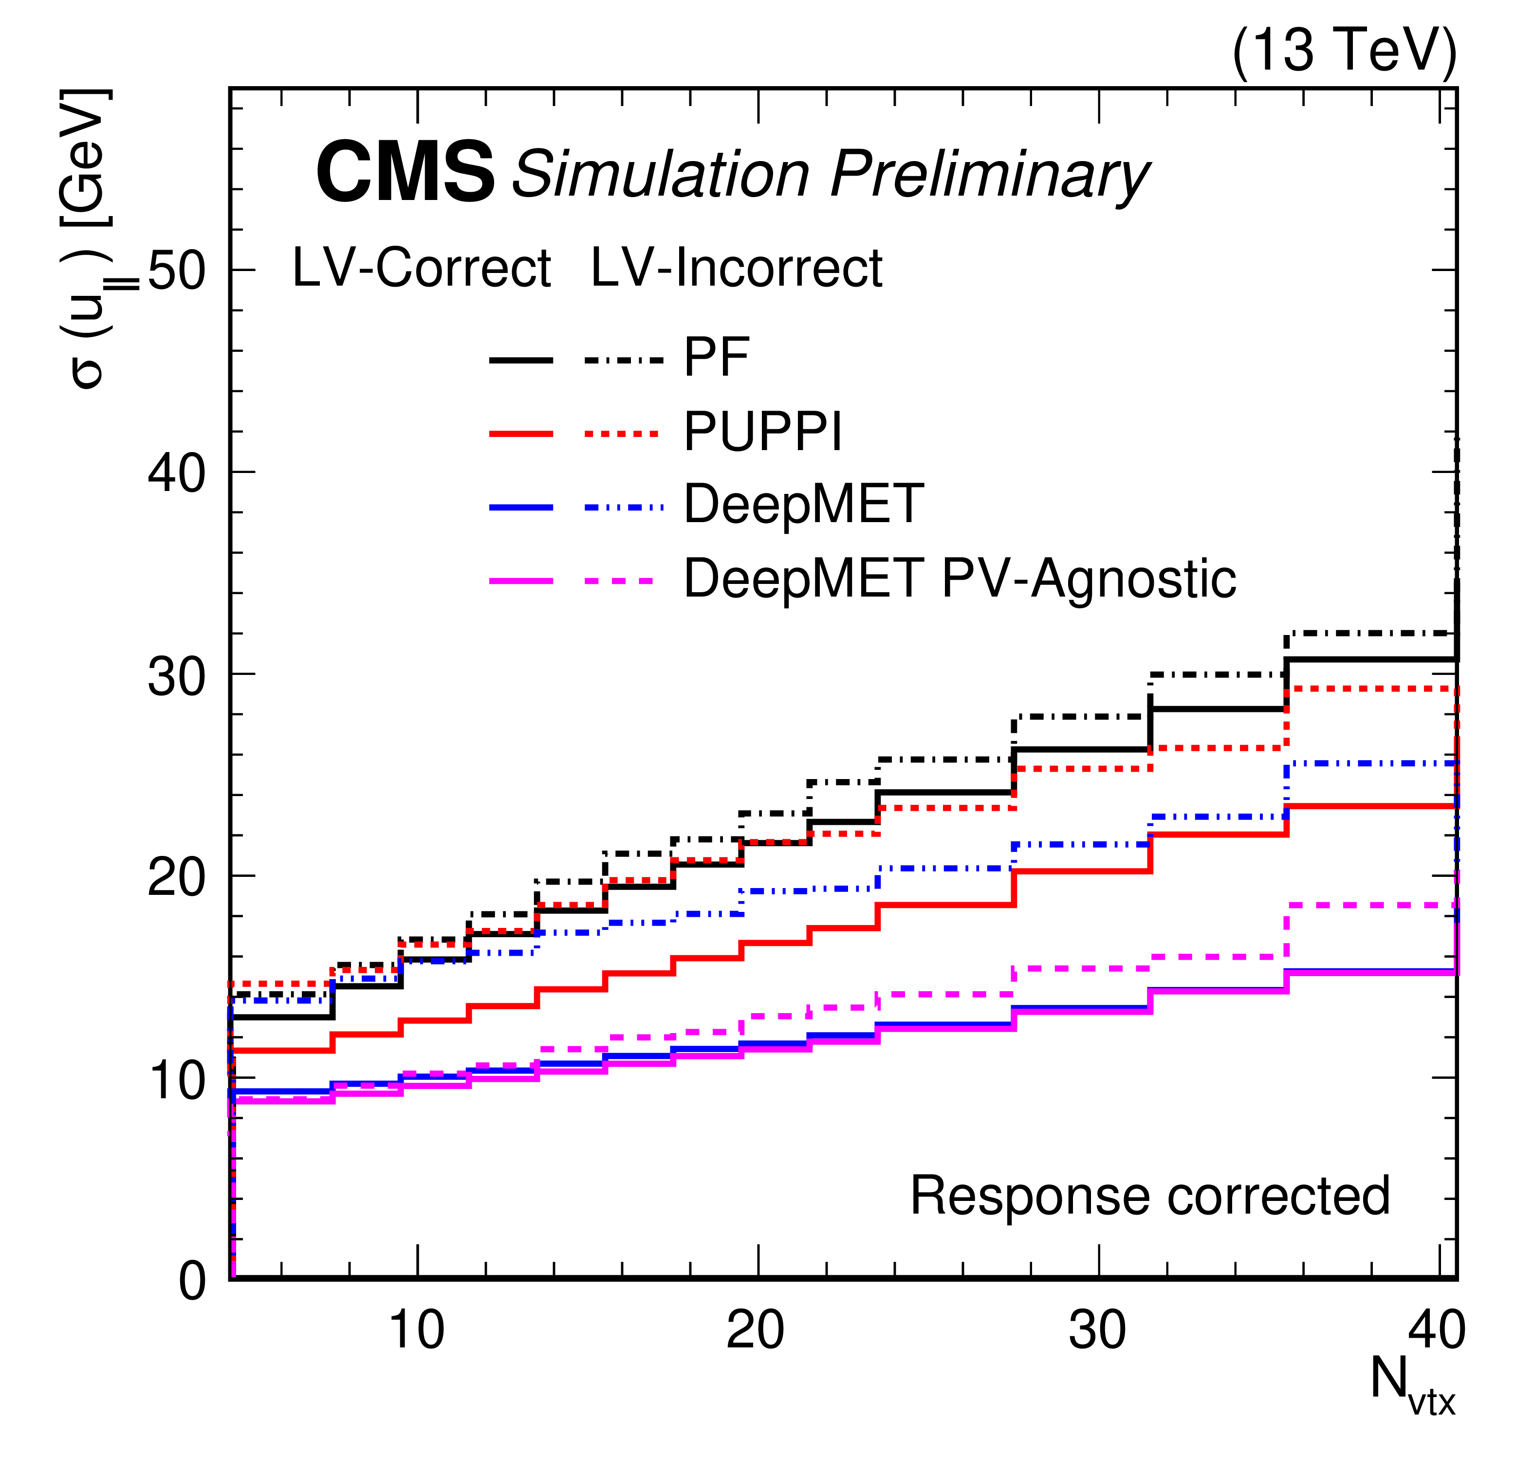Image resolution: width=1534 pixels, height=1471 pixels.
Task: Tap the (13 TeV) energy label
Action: click(1344, 51)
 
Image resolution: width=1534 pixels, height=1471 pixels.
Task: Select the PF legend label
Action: click(716, 358)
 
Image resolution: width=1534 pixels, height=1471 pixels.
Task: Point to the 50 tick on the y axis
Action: click(176, 271)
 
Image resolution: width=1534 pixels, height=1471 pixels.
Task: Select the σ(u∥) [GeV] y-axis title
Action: click(90, 238)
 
